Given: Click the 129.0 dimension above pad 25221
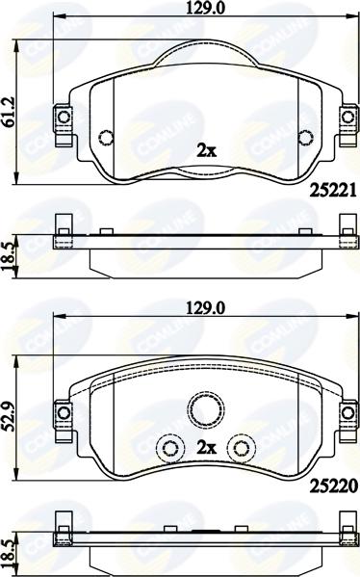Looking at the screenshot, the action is pyautogui.click(x=205, y=8).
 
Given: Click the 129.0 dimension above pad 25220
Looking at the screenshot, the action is pyautogui.click(x=205, y=308).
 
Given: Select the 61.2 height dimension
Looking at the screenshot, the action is pyautogui.click(x=8, y=113).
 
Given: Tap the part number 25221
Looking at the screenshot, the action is pyautogui.click(x=333, y=191).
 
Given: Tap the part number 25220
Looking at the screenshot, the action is pyautogui.click(x=333, y=486).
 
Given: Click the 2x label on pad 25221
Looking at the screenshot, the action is pyautogui.click(x=207, y=150).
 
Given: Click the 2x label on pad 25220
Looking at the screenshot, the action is pyautogui.click(x=207, y=448).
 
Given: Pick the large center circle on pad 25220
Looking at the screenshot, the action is pyautogui.click(x=206, y=408).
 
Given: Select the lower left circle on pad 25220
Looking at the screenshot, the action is pyautogui.click(x=169, y=448).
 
